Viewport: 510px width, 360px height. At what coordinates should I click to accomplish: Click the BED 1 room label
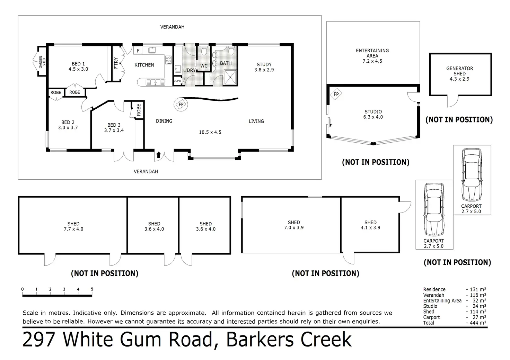click(x=78, y=64)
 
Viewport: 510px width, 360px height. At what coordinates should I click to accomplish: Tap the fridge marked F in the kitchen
click(x=138, y=51)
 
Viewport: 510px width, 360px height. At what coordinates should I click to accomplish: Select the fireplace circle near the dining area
click(x=181, y=105)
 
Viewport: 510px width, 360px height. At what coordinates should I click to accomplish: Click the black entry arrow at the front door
click(x=158, y=155)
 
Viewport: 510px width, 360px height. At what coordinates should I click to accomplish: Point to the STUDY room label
click(x=264, y=65)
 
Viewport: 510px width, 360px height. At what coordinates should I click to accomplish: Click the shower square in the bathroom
click(x=230, y=77)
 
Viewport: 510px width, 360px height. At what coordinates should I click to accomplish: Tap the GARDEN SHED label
click(x=42, y=62)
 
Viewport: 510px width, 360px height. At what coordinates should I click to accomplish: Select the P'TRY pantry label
click(x=116, y=63)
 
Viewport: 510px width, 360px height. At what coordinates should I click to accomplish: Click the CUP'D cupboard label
click(x=177, y=81)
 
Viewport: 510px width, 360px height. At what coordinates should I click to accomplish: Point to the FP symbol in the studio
click(x=336, y=94)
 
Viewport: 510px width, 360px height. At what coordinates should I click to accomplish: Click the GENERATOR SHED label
click(x=459, y=71)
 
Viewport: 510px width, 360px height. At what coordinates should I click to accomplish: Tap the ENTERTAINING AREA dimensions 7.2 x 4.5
click(x=372, y=61)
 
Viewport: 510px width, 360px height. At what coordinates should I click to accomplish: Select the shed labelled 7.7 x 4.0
click(x=73, y=226)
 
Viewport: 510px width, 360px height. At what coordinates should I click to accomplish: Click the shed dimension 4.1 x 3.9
click(x=370, y=228)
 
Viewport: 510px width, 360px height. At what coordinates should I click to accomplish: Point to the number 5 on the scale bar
click(x=92, y=289)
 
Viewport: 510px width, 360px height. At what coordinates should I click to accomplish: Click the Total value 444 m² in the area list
click(x=478, y=323)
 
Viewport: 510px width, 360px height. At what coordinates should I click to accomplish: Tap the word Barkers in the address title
click(x=260, y=340)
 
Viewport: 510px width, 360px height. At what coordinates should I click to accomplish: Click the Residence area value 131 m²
click(x=478, y=289)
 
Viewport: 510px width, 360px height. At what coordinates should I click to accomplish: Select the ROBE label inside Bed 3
click(x=139, y=110)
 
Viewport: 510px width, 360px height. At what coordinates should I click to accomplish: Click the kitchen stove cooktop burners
click(x=168, y=60)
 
